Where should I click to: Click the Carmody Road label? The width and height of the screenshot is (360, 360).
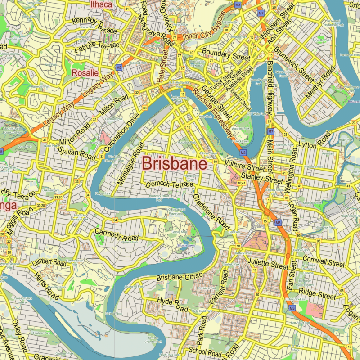coord(116,234)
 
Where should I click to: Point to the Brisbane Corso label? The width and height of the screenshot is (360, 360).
coord(180,277)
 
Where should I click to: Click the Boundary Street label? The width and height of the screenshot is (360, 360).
coord(226,56)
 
